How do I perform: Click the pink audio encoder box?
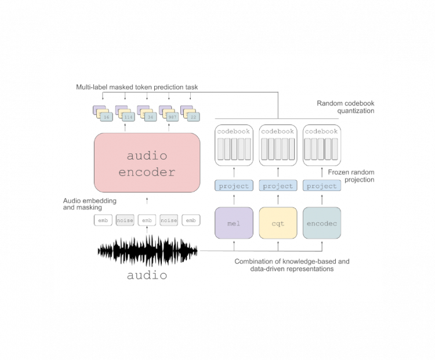click(147, 163)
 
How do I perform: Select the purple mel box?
click(234, 223)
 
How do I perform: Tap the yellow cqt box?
click(278, 223)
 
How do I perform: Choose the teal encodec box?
click(321, 223)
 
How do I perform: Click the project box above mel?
click(234, 186)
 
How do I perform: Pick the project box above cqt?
click(278, 186)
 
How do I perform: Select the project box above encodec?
click(321, 186)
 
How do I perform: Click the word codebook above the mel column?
click(234, 132)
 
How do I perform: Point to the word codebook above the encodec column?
click(321, 132)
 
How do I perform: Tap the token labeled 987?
click(172, 117)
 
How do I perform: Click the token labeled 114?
click(128, 117)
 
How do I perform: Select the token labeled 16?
click(106, 117)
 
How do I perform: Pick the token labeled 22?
click(194, 117)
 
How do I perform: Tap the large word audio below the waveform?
click(147, 275)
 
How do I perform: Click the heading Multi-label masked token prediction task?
click(137, 87)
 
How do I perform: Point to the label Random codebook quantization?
click(345, 107)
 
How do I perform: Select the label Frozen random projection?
click(351, 176)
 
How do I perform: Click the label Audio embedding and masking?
click(90, 204)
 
